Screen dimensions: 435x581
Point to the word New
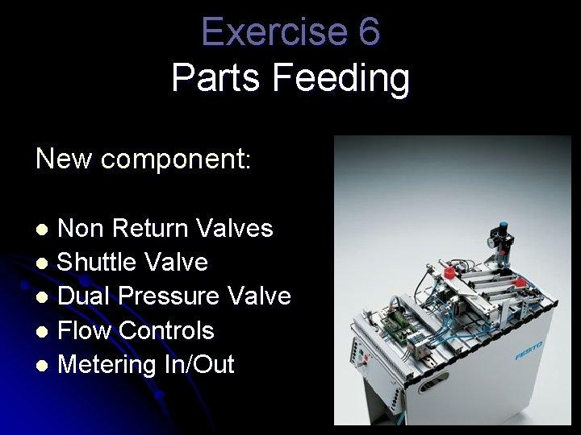(64, 159)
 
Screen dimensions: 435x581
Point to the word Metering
(107, 365)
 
